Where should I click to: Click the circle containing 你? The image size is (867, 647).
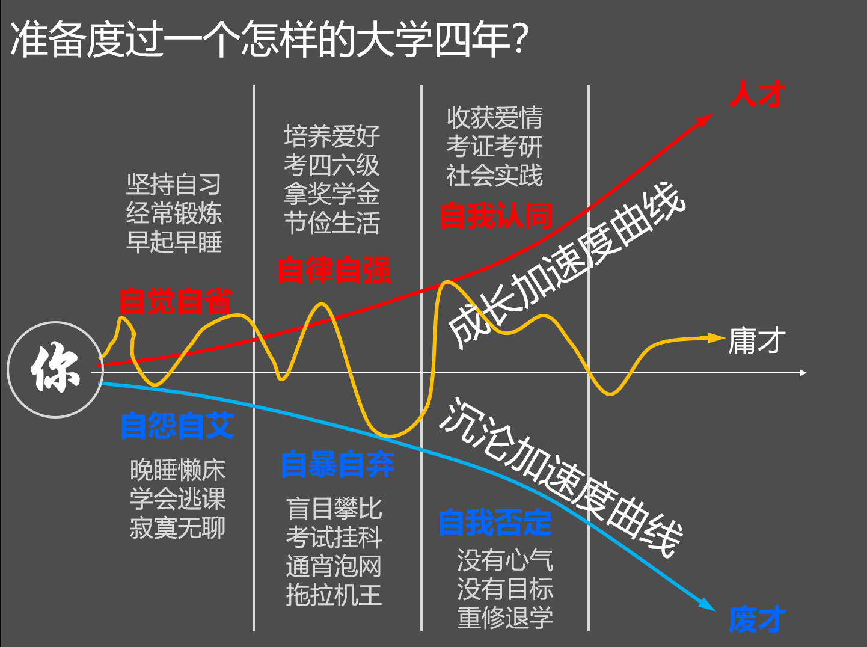[55, 370]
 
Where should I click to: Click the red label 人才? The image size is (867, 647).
[757, 95]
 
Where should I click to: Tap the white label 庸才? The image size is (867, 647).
[757, 341]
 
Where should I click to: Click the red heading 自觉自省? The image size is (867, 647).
[175, 301]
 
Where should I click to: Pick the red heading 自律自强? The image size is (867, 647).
[334, 270]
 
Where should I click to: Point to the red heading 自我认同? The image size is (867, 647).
[495, 216]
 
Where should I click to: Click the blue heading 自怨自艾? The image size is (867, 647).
[177, 426]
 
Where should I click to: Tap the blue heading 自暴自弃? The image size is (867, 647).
[337, 465]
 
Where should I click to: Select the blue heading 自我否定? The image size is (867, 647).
[495, 523]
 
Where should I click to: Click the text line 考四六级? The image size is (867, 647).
[331, 165]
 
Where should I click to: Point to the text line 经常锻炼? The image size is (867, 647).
[174, 213]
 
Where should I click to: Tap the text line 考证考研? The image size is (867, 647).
[494, 146]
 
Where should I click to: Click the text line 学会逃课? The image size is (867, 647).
[177, 498]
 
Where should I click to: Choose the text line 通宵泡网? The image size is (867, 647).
[334, 566]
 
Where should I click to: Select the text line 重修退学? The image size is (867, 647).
[505, 618]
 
